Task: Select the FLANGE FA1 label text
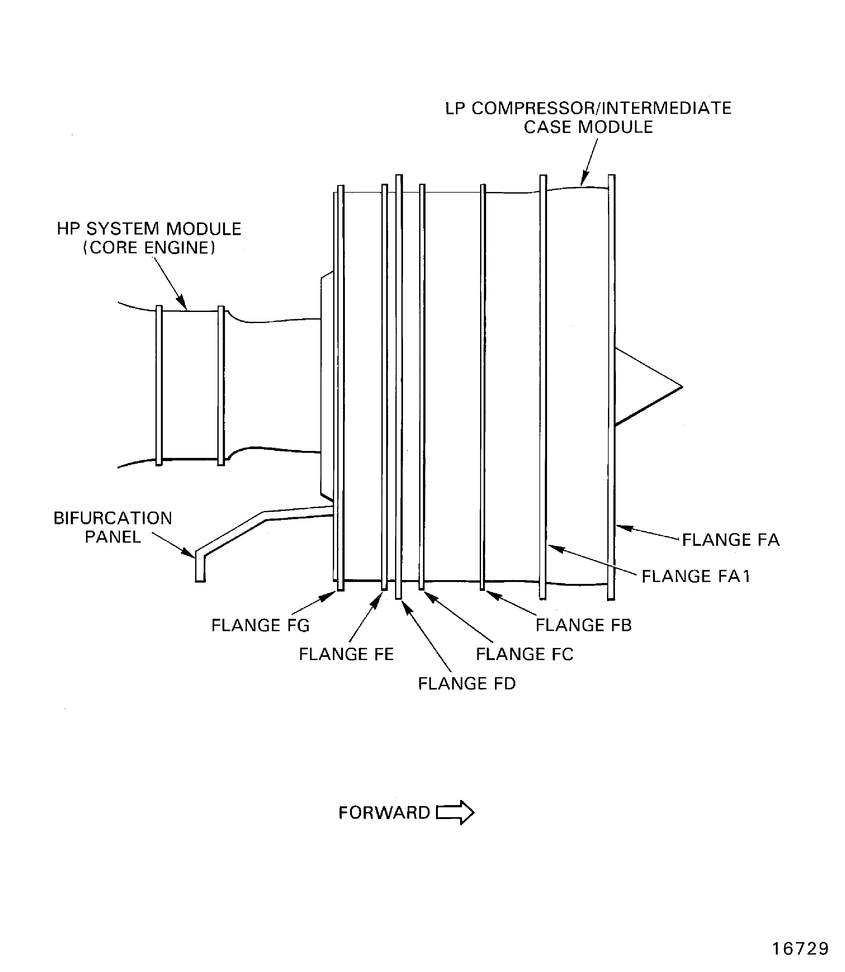696,576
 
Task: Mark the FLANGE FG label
260,625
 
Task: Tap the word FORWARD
384,813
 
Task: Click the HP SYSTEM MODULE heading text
149,229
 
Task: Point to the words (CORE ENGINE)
149,248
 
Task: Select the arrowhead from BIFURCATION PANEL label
190,555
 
